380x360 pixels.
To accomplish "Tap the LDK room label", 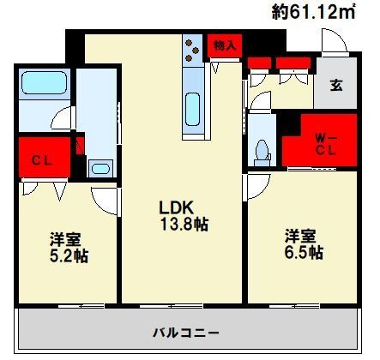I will tap(179, 207).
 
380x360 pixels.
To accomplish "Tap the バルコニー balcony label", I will tap(187, 332).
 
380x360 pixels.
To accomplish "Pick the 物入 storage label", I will tap(225, 45).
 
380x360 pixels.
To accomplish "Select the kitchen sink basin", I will tap(193, 110).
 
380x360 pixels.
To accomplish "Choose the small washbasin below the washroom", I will tap(100, 167).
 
